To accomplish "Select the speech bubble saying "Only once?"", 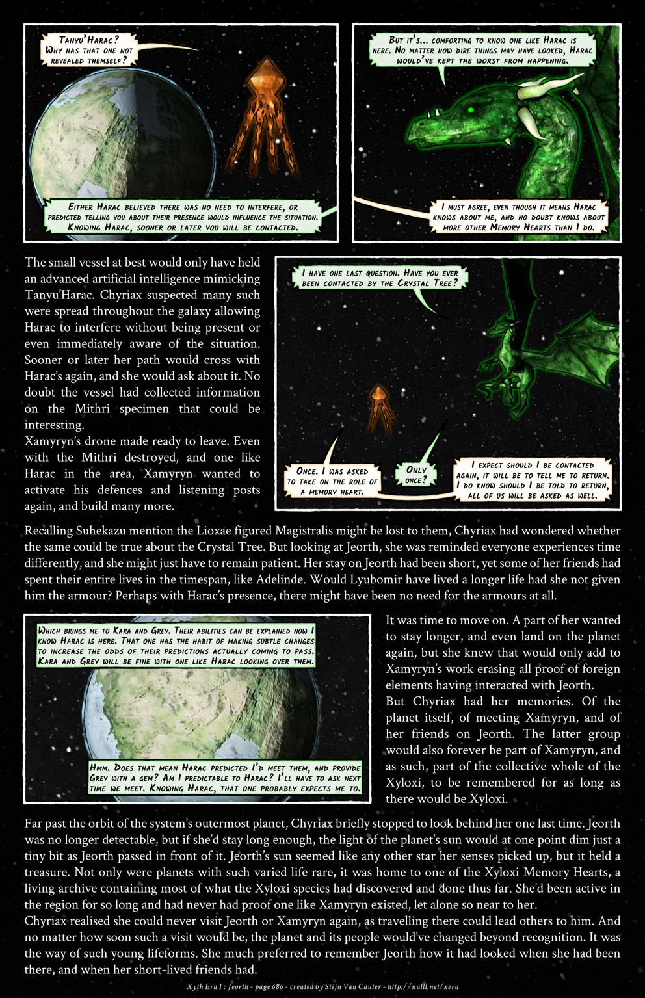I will (x=416, y=475).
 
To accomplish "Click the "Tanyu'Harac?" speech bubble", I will (x=89, y=50).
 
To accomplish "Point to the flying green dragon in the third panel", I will (x=543, y=351).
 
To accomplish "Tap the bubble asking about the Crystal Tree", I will (x=380, y=278).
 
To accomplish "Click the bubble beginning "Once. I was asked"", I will (x=332, y=481).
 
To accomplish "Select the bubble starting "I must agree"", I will (x=518, y=217).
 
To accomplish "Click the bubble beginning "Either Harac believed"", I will (x=183, y=217).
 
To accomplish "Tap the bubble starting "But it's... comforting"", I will (x=482, y=50).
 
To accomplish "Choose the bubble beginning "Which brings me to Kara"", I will (x=176, y=646).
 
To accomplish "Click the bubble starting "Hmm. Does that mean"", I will (x=225, y=778).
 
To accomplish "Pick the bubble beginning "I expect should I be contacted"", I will (x=533, y=480).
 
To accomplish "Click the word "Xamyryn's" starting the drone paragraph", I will (x=51, y=441).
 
